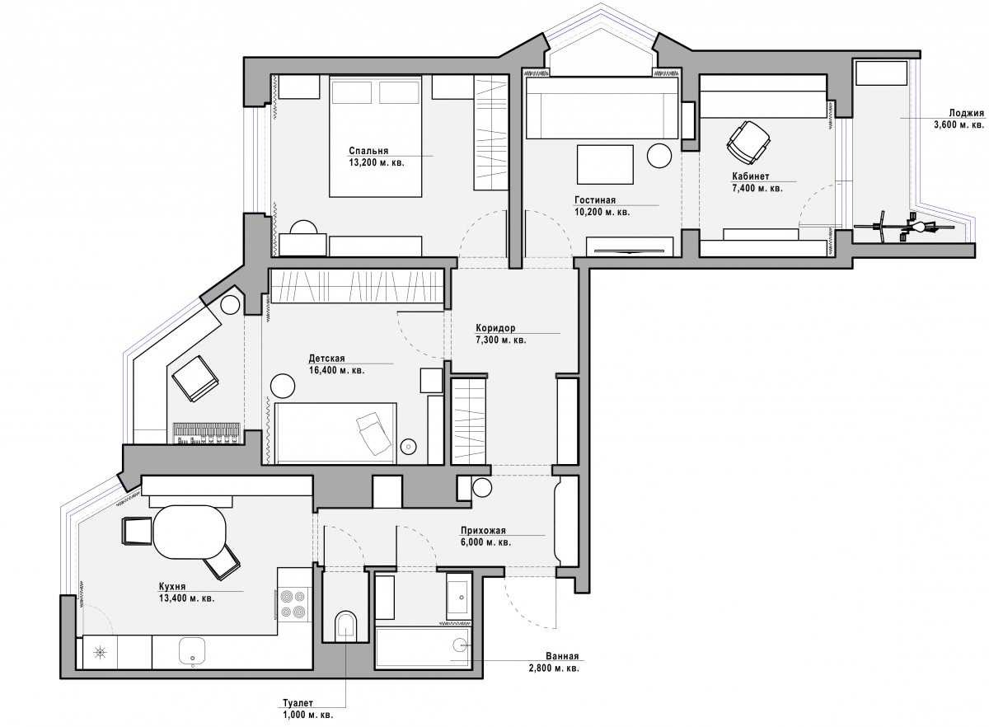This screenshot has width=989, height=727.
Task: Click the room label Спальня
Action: point(368,151)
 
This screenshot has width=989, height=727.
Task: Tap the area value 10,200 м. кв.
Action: point(602,212)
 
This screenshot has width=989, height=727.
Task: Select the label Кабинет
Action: point(751,176)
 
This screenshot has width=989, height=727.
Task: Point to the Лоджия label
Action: point(967,113)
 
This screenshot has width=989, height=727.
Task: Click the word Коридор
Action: point(495,328)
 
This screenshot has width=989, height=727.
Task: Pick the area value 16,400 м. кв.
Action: point(336,370)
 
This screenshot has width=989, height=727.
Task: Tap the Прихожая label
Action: point(483,531)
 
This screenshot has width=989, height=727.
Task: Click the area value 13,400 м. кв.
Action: point(187,598)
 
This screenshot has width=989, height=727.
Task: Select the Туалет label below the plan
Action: point(298,703)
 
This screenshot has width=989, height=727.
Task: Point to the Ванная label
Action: point(562,656)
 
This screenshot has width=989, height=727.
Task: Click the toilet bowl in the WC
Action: point(345,626)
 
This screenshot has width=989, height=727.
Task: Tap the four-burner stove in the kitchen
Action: point(294,605)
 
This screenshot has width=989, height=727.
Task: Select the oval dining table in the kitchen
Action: point(190,532)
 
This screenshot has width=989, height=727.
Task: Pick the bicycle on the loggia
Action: point(905,227)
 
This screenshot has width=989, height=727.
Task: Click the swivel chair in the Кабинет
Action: point(748,143)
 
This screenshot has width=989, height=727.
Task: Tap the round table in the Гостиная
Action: point(659,156)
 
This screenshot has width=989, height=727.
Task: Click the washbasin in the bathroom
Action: point(461,597)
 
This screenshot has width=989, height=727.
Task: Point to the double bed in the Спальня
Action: point(375,136)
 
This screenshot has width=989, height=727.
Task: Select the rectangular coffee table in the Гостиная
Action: point(605,164)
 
